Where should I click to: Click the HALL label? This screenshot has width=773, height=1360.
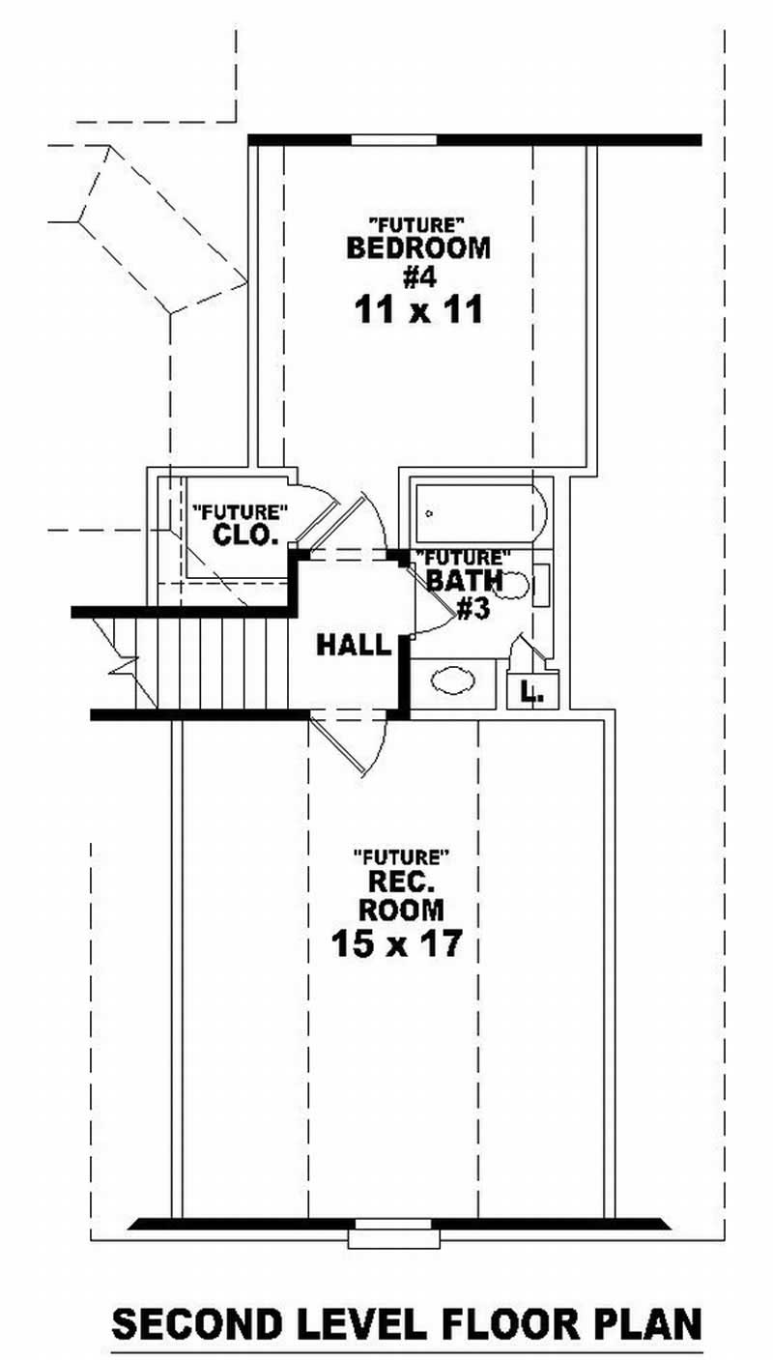[353, 645]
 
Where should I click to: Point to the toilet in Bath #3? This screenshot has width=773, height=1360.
[514, 584]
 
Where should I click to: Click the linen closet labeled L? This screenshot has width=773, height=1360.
[530, 690]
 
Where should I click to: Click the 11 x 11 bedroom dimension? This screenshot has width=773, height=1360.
[417, 311]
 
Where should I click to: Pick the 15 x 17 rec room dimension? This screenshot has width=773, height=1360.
[394, 943]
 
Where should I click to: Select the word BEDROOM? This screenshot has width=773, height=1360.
[417, 248]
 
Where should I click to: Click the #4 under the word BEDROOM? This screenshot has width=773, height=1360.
[418, 278]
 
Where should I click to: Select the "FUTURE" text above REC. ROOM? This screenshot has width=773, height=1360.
[402, 856]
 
